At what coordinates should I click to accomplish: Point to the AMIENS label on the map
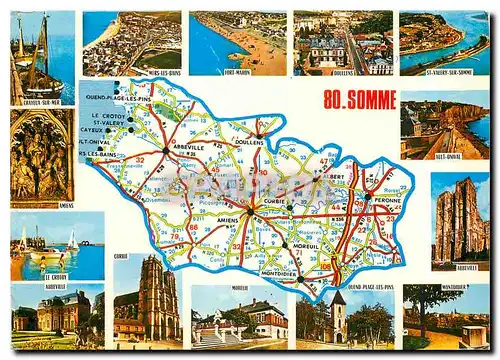point(228,219)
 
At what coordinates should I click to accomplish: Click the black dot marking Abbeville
point(166,150)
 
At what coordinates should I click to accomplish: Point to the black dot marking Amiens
point(249,211)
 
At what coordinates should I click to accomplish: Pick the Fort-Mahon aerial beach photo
point(237,43)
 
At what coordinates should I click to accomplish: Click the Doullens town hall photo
point(342,43)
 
